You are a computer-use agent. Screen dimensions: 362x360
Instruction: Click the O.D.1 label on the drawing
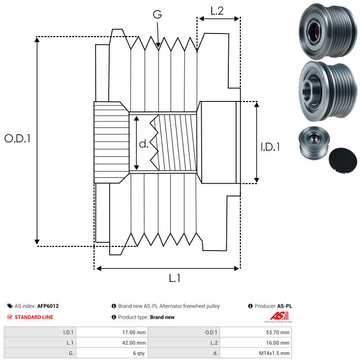[x=17, y=139]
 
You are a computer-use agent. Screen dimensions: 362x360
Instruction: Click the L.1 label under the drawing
[x=175, y=279]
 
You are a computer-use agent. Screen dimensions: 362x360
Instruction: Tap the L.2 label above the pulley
[x=217, y=11]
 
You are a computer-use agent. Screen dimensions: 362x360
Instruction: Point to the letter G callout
[x=157, y=15]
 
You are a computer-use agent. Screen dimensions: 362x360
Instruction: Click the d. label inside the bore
[x=144, y=143]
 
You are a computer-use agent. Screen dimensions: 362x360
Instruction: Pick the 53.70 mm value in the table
[x=280, y=332]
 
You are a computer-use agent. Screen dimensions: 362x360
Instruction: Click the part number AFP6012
[x=48, y=306]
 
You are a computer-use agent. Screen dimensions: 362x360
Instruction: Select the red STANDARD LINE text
[x=33, y=317]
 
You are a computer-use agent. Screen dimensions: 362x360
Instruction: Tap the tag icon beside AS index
[x=10, y=306]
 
